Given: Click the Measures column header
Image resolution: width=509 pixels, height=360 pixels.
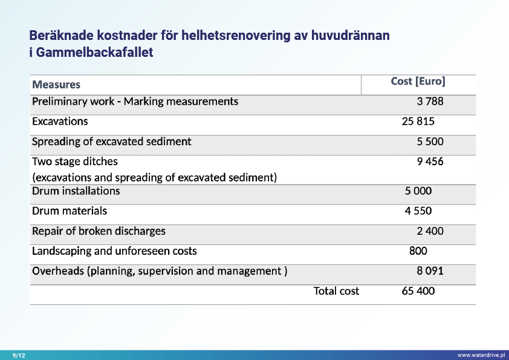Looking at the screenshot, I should pos(56,85).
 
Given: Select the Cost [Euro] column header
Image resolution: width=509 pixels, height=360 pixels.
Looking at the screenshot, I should pos(418,82).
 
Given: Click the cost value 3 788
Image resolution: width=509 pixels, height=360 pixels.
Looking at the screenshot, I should pos(430,102).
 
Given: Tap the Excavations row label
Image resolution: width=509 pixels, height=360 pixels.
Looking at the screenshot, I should pos(60,122).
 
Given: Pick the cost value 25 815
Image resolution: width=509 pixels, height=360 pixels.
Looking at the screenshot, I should pos(418,122).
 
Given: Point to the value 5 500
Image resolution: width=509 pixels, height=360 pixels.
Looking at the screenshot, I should pos(430,142).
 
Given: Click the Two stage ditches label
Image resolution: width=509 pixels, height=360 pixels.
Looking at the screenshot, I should pos(75,162).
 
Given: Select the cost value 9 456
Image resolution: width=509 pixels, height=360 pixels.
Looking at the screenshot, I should pos(430,162).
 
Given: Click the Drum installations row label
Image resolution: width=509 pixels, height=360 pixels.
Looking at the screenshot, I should pos(76,191).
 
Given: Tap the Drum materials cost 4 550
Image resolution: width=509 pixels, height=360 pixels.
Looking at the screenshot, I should pos(418,211).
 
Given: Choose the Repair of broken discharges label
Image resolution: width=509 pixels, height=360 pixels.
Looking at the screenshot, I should pos(99,231).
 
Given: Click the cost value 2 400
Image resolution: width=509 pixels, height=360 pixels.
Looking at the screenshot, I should pos(430,231).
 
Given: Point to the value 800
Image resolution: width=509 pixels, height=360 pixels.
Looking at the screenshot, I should pos(418,251).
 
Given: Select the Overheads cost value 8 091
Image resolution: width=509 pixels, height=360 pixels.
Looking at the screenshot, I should pos(430,271).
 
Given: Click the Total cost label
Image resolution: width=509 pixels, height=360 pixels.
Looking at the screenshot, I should pos(336,291).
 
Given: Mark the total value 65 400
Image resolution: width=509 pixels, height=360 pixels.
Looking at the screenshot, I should pos(418,291).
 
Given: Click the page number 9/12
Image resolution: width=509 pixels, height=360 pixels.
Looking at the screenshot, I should pos(19,355).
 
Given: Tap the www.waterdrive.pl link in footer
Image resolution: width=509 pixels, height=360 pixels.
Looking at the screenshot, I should pos(481,355).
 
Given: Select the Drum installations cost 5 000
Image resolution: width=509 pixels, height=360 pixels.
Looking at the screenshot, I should pos(418,191).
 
